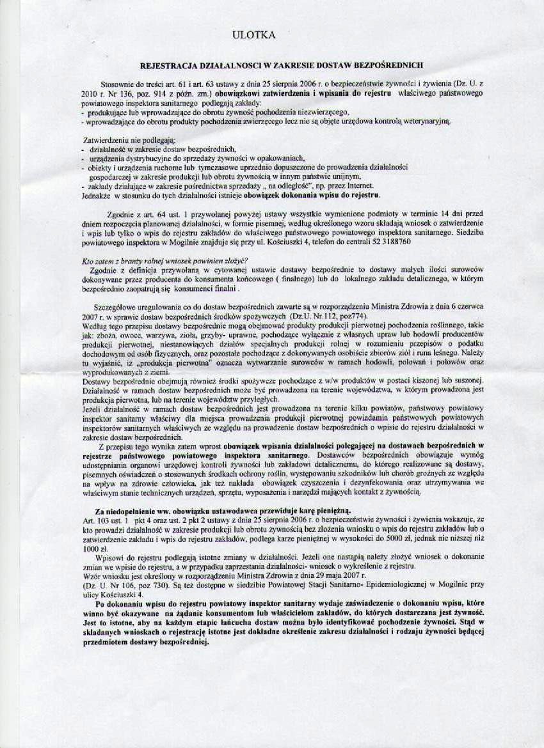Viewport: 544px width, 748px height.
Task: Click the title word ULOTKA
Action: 253,36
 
